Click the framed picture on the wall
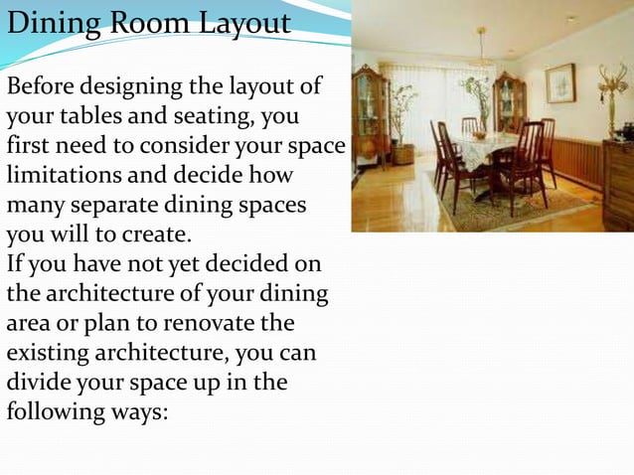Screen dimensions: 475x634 (x=560, y=82)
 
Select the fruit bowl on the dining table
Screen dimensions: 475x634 (x=480, y=134)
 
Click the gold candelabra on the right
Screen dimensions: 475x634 (x=612, y=87)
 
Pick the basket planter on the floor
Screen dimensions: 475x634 (x=403, y=153)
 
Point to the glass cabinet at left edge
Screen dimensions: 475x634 (x=370, y=116)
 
